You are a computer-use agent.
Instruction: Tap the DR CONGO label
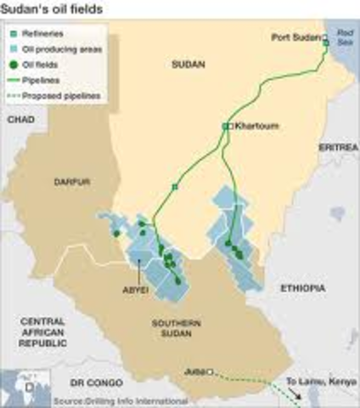pyautogui.click(x=91, y=382)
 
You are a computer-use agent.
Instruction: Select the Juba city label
pyautogui.click(x=195, y=371)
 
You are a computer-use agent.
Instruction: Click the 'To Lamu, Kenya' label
pyautogui.click(x=317, y=382)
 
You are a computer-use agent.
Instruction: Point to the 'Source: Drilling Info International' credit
pyautogui.click(x=119, y=400)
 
